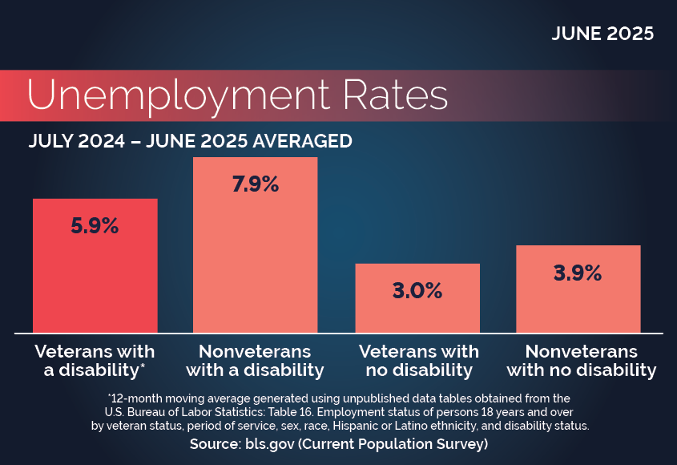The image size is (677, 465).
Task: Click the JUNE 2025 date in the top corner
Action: coord(602,34)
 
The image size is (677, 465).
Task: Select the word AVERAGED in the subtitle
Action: coord(302,141)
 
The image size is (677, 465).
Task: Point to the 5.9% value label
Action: coord(95,226)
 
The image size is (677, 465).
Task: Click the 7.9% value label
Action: coord(255,184)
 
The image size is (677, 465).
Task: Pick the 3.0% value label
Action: coord(417,290)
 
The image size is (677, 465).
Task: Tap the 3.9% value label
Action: coord(578,273)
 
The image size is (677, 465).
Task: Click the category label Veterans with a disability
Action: coord(94,361)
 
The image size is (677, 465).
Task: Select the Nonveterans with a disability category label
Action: coord(255,361)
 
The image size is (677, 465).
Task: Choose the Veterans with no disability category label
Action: coord(418,361)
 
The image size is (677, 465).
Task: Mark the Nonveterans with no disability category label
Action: coord(582,361)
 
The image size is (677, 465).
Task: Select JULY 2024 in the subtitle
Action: coord(74,141)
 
